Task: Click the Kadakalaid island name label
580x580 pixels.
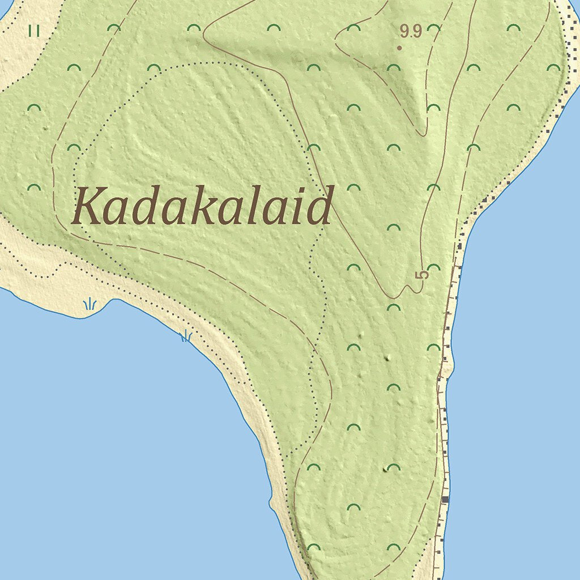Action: pos(202,206)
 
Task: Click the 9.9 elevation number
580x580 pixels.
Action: pos(411,31)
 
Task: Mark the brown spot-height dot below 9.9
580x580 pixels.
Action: pos(399,48)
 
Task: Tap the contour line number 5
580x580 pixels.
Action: pos(422,275)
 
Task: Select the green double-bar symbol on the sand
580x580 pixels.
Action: pos(35,31)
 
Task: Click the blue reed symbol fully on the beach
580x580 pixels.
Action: pos(89,305)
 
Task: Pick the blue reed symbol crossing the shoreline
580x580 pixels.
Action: pos(186,336)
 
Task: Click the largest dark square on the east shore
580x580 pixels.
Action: pos(445,499)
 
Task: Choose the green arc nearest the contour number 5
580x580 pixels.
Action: pos(434,267)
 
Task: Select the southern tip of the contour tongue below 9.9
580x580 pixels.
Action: pos(423,134)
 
